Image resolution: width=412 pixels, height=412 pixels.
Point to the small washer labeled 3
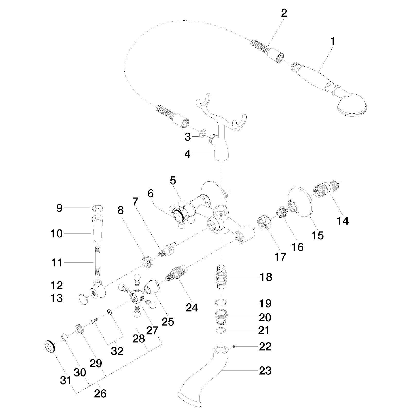[x=202, y=133]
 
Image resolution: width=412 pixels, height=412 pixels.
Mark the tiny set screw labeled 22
[x=234, y=346]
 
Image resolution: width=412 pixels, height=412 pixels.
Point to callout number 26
[x=100, y=393]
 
